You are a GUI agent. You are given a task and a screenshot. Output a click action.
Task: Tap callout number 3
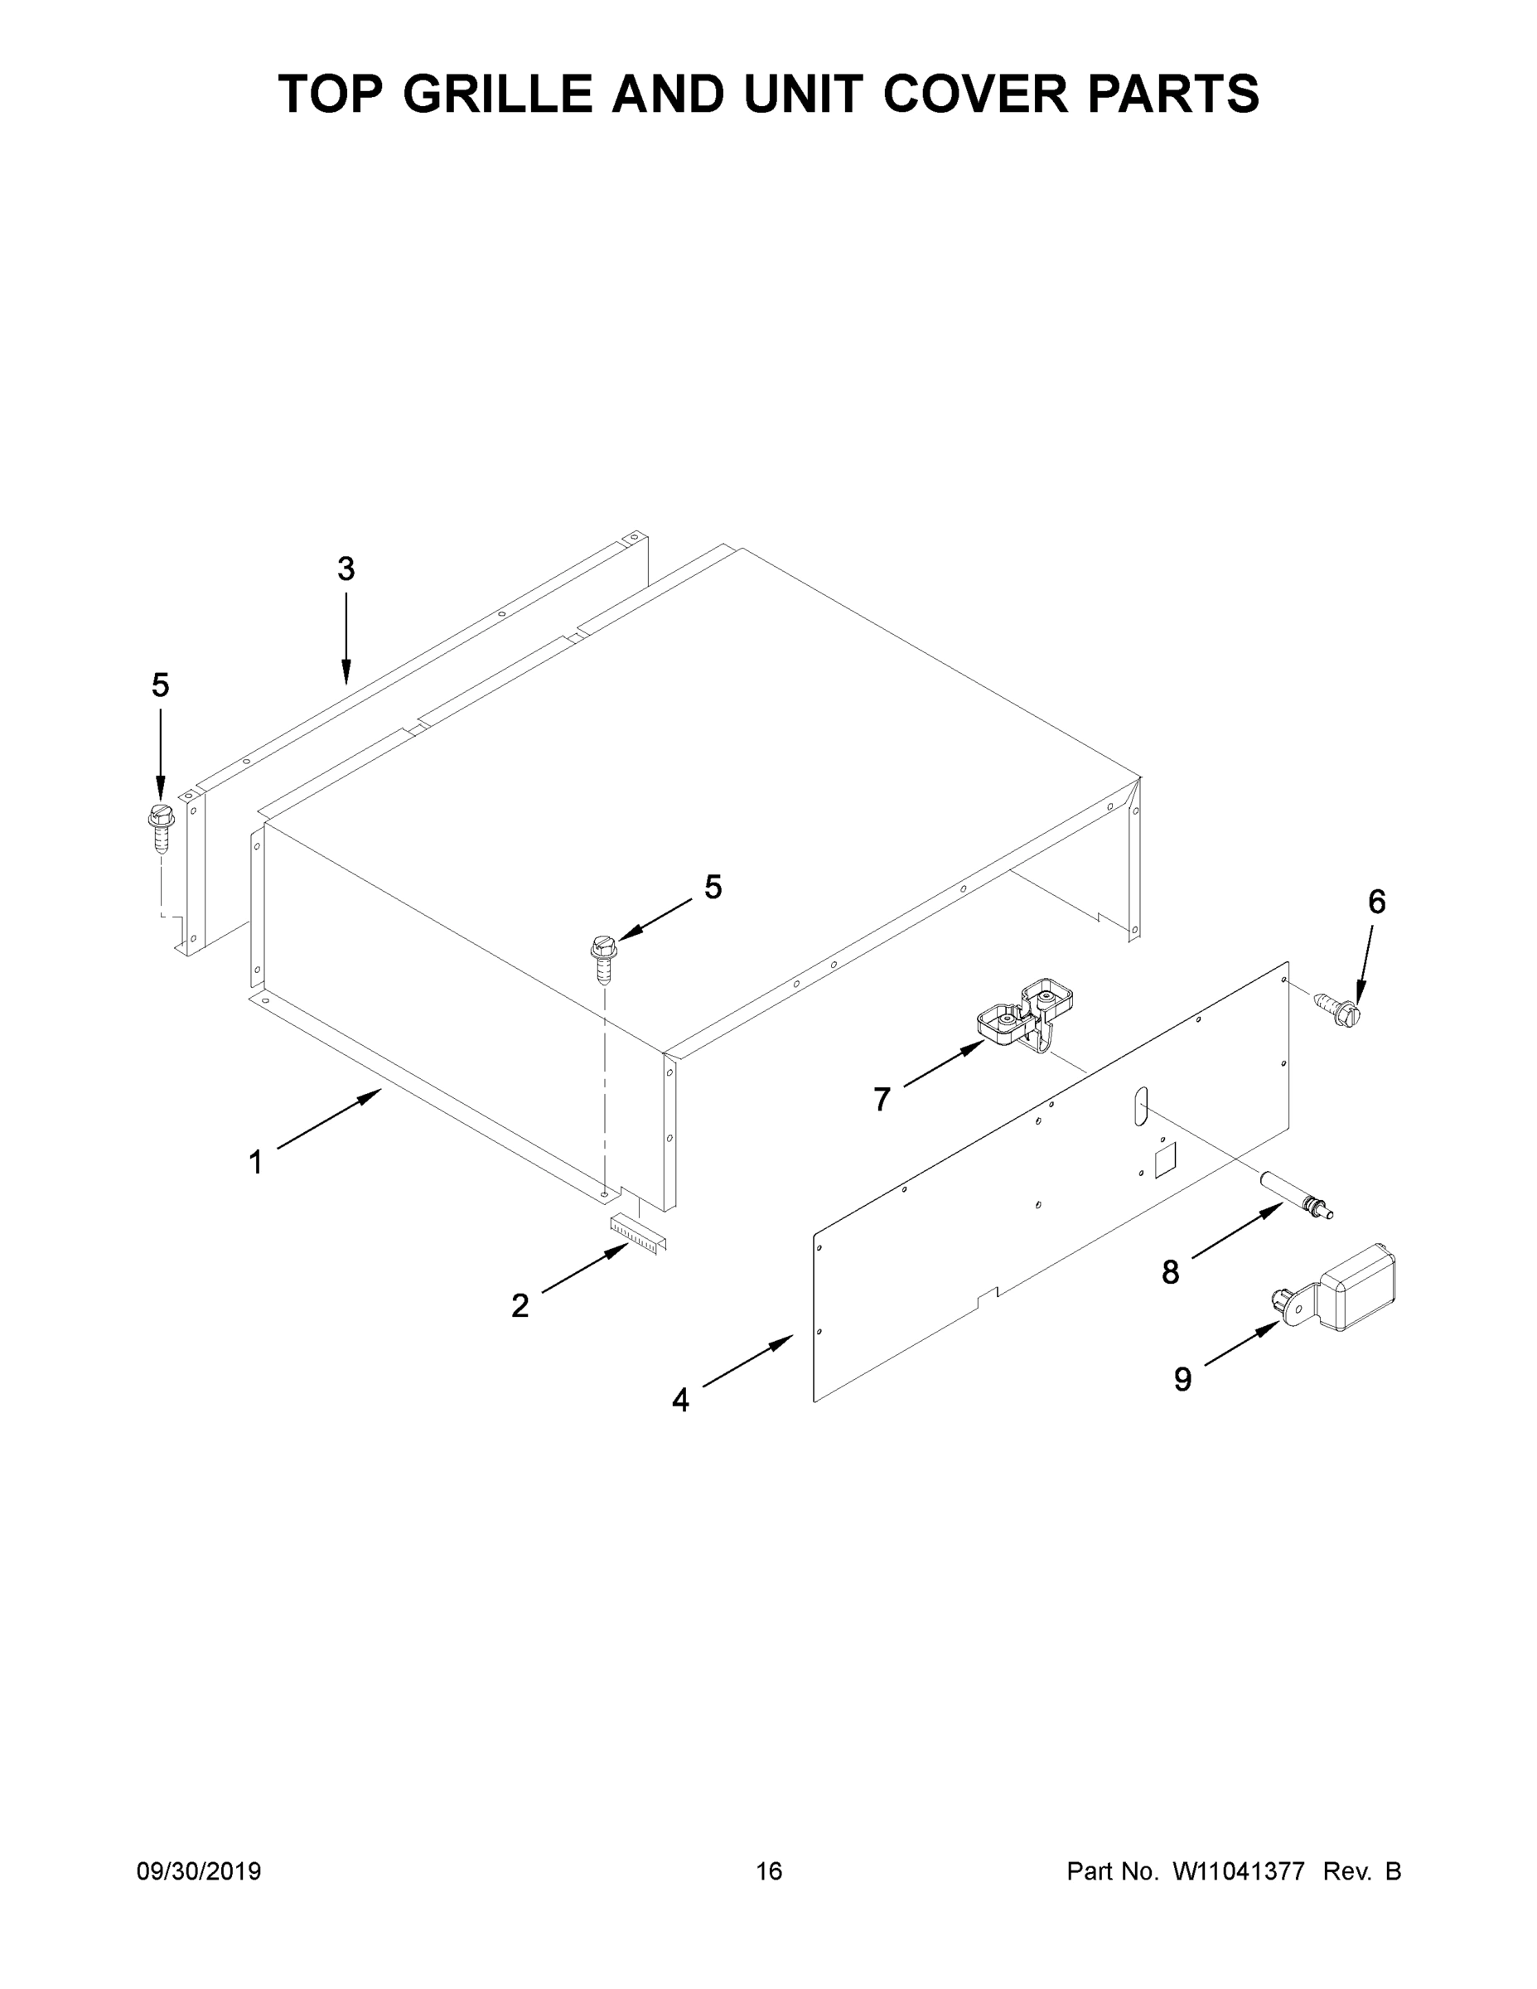346,569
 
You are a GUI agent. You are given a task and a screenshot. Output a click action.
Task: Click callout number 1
256,1162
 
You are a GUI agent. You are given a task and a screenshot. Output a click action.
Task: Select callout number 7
882,1099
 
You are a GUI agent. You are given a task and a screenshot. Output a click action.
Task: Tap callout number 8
1171,1272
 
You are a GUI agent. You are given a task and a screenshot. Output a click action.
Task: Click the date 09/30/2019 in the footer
199,1870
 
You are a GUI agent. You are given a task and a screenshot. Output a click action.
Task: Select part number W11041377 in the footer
1240,1870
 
